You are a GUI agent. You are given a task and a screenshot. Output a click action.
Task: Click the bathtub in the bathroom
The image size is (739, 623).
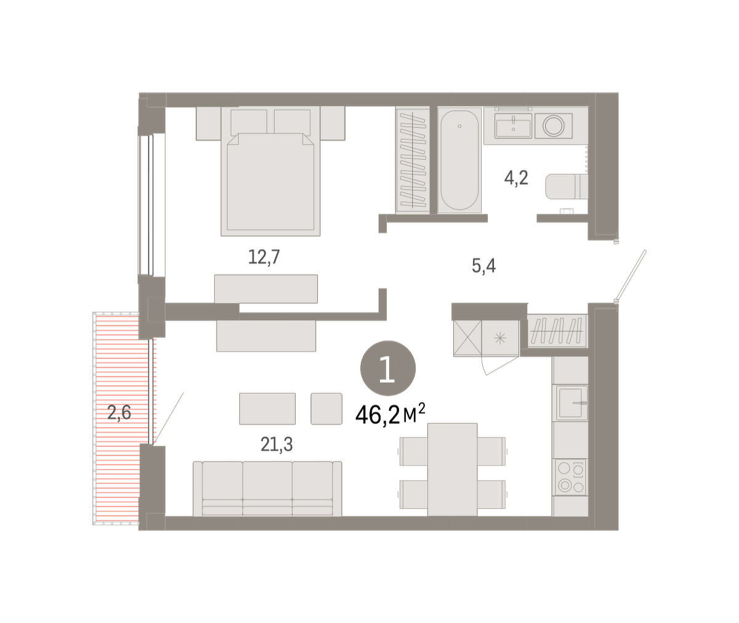pyautogui.click(x=459, y=160)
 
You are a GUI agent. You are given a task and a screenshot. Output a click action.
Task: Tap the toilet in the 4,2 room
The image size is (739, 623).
pyautogui.click(x=567, y=186)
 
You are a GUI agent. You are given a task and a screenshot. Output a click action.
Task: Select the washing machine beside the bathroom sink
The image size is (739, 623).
pyautogui.click(x=553, y=126)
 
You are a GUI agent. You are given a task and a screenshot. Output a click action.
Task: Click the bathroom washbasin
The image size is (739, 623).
pyautogui.click(x=513, y=125)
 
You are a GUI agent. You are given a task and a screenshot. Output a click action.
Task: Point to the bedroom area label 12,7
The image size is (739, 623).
pyautogui.click(x=264, y=257)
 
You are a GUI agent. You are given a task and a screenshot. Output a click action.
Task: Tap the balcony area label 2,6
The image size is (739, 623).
pyautogui.click(x=119, y=412)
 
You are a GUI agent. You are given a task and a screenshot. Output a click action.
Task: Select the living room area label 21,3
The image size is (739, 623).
pyautogui.click(x=277, y=444)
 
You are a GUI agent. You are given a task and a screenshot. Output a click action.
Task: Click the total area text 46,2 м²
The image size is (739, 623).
pyautogui.click(x=390, y=415)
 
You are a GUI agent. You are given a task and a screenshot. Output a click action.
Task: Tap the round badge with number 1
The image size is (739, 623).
pyautogui.click(x=388, y=369)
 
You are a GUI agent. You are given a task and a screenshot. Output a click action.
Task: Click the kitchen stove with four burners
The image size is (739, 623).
pyautogui.click(x=570, y=477)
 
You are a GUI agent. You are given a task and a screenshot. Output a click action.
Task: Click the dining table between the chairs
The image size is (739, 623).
pyautogui.click(x=452, y=470)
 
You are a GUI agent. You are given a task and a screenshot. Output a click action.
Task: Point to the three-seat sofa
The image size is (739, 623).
pyautogui.click(x=267, y=489)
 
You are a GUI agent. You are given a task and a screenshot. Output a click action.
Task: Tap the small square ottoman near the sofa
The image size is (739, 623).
pyautogui.click(x=326, y=409)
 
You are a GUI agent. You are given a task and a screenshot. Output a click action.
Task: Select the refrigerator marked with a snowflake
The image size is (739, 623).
pyautogui.click(x=500, y=338)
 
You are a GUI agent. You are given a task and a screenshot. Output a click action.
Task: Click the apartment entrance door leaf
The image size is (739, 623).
pyautogui.click(x=631, y=276)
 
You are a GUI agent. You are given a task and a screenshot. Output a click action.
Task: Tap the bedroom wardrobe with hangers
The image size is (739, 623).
pyautogui.click(x=413, y=160)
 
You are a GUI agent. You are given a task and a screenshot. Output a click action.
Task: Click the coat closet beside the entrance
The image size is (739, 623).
pyautogui.click(x=557, y=330)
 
